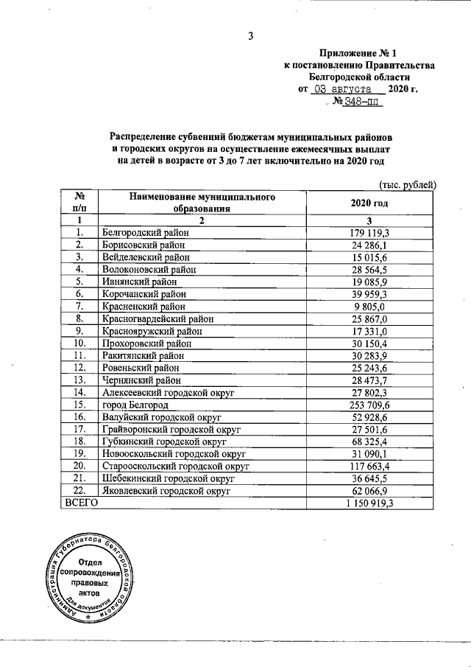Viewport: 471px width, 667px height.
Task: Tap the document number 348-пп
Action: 361,103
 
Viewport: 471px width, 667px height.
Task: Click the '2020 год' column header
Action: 372,203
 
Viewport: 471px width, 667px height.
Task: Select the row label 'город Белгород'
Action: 136,405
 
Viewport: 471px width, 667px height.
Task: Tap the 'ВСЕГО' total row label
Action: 82,502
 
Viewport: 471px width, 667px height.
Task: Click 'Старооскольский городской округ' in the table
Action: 177,466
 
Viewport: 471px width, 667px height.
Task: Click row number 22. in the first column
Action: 79,490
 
